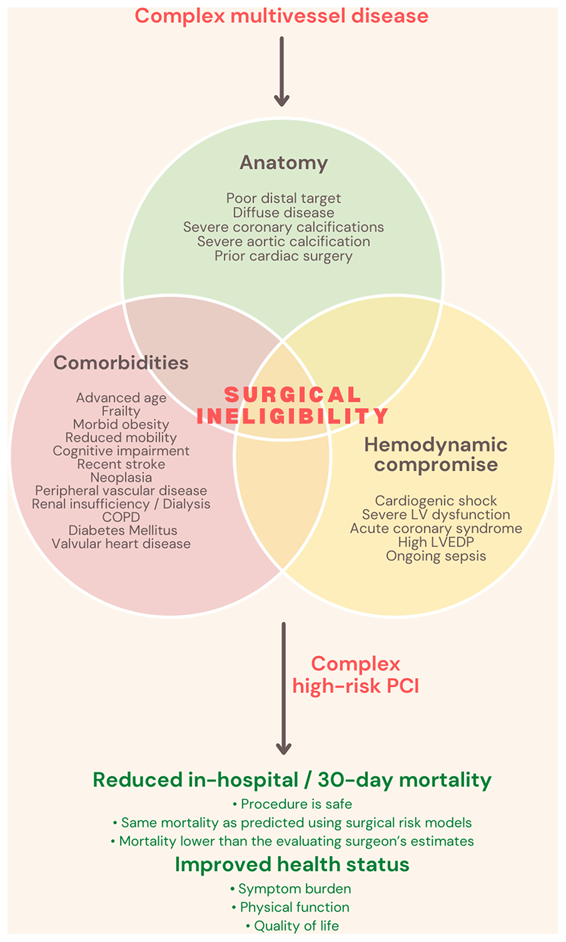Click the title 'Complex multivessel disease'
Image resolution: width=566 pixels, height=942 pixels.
point(281,16)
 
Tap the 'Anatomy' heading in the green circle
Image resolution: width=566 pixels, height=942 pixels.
point(284,163)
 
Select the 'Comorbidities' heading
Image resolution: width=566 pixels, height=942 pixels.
point(121,363)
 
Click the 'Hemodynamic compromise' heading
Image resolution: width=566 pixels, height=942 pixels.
point(436,455)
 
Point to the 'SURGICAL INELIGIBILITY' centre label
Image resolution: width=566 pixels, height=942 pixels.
point(293,405)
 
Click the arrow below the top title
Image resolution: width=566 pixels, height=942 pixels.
point(282,71)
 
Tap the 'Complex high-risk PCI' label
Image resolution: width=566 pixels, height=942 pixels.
point(355,675)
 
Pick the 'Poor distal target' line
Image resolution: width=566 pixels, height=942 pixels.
point(284,198)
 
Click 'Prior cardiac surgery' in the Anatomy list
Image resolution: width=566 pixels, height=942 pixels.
point(284,256)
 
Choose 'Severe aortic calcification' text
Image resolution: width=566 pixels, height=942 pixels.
point(284,242)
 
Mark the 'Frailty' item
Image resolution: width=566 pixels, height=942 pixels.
point(121,411)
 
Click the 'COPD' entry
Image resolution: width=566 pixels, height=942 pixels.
point(121,517)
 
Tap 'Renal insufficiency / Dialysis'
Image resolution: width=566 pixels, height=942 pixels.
point(121,504)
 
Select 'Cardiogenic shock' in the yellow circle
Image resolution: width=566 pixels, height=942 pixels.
point(436,501)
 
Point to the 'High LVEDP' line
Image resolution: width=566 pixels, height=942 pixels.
point(436,542)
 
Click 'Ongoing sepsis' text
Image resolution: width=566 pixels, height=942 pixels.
point(436,556)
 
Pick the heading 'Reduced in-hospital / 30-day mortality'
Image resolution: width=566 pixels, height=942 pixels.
point(292,780)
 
